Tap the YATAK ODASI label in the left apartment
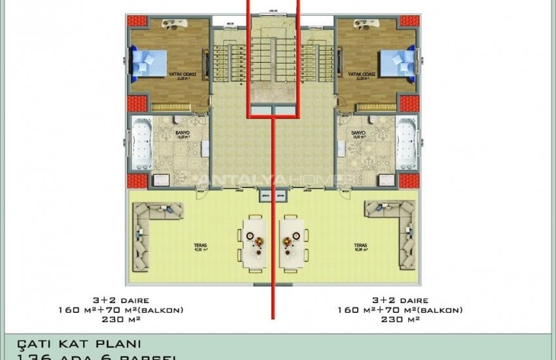(171, 75)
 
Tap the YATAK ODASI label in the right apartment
(361, 75)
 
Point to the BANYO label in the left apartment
(182, 134)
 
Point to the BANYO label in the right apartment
(358, 134)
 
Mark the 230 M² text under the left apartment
(133, 319)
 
